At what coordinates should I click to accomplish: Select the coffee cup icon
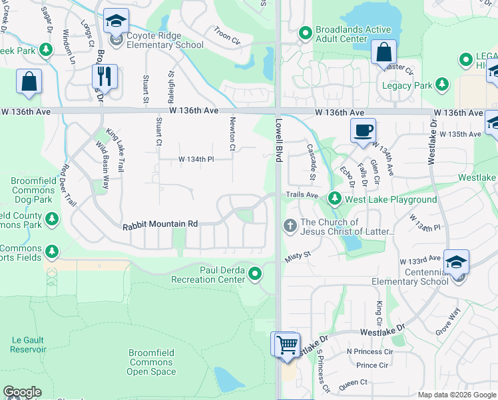click(363, 131)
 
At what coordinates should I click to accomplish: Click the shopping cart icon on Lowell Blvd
click(287, 345)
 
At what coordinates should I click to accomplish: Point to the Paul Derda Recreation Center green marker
click(254, 273)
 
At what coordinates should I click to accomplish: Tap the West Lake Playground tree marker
click(334, 199)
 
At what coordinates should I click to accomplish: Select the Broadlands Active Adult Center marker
click(305, 32)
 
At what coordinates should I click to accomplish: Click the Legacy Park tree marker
click(441, 85)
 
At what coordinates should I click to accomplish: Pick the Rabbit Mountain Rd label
click(160, 225)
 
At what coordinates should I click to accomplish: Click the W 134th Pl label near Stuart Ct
click(196, 159)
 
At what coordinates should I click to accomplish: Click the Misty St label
click(299, 254)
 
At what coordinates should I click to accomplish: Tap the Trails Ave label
click(302, 195)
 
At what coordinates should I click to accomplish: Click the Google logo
click(22, 392)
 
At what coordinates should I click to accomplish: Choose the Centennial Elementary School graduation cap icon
click(456, 261)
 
